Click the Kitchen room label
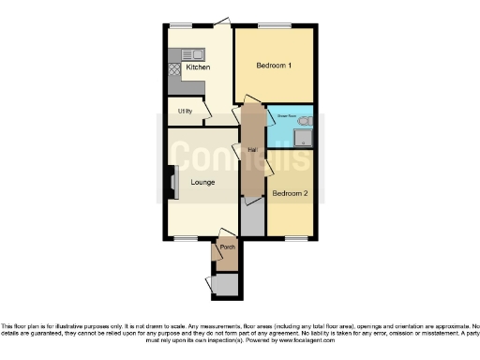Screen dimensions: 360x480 click(197, 67)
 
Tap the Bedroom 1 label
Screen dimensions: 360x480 click(274, 66)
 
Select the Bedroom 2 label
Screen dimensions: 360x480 click(289, 194)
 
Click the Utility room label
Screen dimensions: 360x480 click(185, 112)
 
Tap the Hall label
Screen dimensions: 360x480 click(252, 150)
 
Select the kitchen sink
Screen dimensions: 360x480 click(192, 53)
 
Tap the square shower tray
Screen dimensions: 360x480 click(302, 140)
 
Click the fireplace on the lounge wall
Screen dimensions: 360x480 click(172, 182)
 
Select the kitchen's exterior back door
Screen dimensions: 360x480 click(222, 22)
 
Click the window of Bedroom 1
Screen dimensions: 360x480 click(274, 25)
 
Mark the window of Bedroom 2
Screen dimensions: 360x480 click(295, 237)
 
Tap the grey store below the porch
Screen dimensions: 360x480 click(225, 285)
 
